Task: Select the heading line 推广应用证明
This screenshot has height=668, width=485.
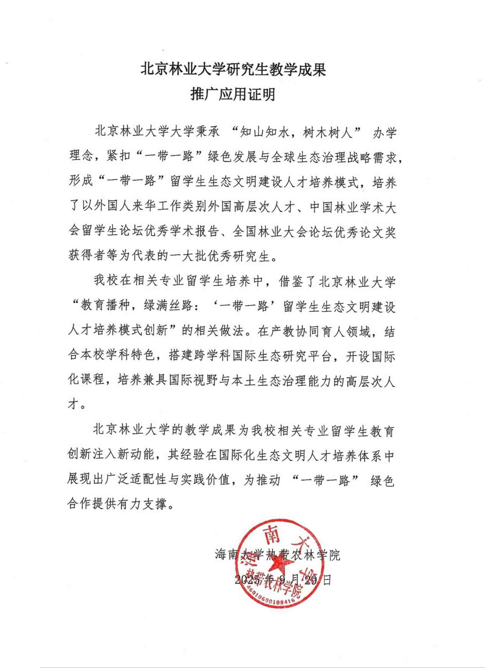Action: (233, 95)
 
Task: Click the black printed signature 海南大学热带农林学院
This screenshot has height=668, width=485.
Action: (278, 555)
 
